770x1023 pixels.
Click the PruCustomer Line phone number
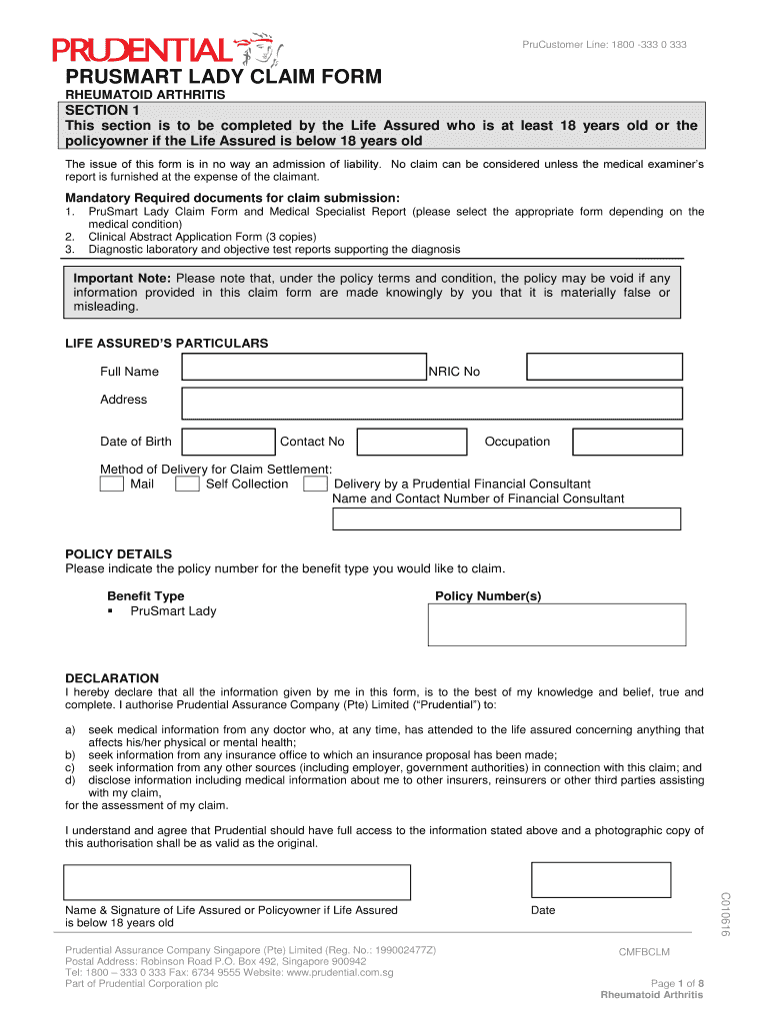pyautogui.click(x=605, y=45)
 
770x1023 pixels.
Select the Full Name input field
pyautogui.click(x=303, y=368)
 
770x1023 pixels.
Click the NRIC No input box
pyautogui.click(x=604, y=368)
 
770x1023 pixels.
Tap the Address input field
pyautogui.click(x=431, y=403)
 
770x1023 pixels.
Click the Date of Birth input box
pyautogui.click(x=229, y=442)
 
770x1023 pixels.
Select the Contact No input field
pyautogui.click(x=411, y=442)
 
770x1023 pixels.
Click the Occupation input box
pyautogui.click(x=620, y=442)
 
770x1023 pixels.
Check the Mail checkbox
pyautogui.click(x=112, y=485)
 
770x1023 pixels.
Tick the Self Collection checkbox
pyautogui.click(x=187, y=485)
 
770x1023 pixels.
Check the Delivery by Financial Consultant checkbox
pyautogui.click(x=315, y=485)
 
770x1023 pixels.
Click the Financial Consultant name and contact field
pyautogui.click(x=506, y=519)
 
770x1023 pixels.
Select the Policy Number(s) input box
pyautogui.click(x=557, y=624)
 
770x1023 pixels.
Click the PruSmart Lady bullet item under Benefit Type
pyautogui.click(x=173, y=611)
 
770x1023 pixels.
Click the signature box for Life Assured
pyautogui.click(x=237, y=882)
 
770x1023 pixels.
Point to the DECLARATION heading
pyautogui.click(x=112, y=677)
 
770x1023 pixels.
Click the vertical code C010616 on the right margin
pyautogui.click(x=725, y=914)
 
